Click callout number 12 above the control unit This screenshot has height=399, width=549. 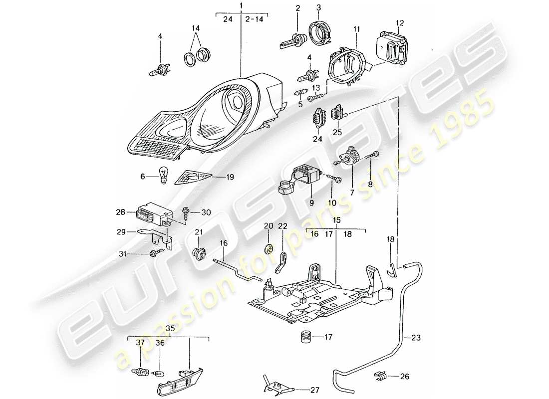click(x=399, y=23)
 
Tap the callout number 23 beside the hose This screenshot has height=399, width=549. click(x=416, y=337)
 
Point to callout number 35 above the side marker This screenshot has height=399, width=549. click(x=170, y=329)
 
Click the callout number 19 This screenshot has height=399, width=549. click(x=230, y=177)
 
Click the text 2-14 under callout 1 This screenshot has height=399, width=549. click(x=255, y=20)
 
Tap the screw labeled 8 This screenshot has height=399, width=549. click(x=373, y=157)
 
